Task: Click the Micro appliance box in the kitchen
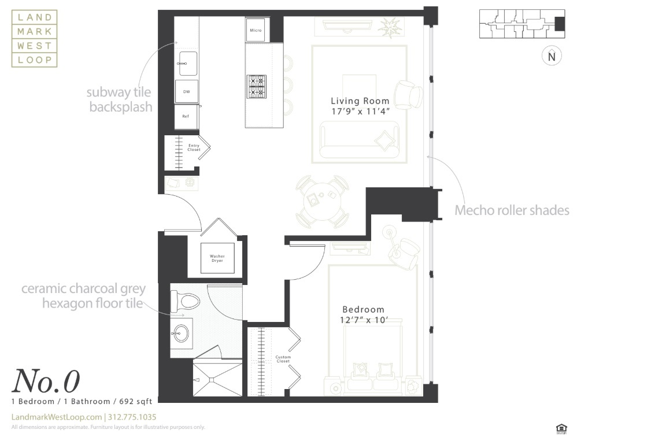pyautogui.click(x=256, y=30)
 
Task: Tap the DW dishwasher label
pyautogui.click(x=186, y=92)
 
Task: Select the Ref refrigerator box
pyautogui.click(x=186, y=116)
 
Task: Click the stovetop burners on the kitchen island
pyautogui.click(x=256, y=87)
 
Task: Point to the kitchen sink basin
pyautogui.click(x=187, y=63)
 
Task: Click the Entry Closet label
pyautogui.click(x=194, y=147)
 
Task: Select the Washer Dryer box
pyautogui.click(x=217, y=258)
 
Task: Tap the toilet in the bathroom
pyautogui.click(x=185, y=301)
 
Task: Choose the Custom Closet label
pyautogui.click(x=283, y=359)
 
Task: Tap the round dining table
pyautogui.click(x=322, y=202)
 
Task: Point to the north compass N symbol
pyautogui.click(x=552, y=57)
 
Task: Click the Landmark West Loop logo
pyautogui.click(x=35, y=39)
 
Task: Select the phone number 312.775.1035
pyautogui.click(x=132, y=417)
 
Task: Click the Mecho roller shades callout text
pyautogui.click(x=512, y=210)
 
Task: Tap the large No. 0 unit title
pyautogui.click(x=46, y=382)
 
